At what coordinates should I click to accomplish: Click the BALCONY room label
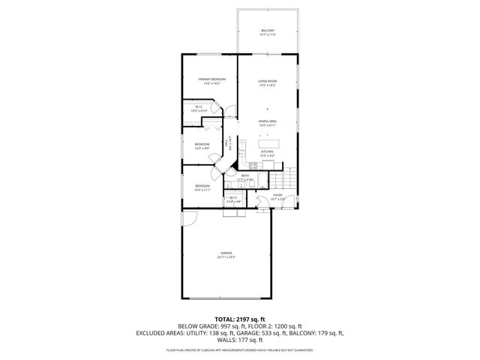click(268, 31)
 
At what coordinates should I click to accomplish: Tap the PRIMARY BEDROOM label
click(212, 79)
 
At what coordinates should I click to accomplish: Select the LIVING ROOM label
click(268, 81)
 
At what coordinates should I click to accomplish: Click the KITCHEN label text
click(268, 151)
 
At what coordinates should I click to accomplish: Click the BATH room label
click(245, 175)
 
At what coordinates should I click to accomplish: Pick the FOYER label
click(277, 194)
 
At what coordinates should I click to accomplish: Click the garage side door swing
click(188, 219)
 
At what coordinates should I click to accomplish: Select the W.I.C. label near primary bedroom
click(199, 106)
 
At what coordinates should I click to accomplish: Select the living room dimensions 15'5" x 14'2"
click(268, 85)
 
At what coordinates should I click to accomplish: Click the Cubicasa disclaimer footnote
click(239, 349)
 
